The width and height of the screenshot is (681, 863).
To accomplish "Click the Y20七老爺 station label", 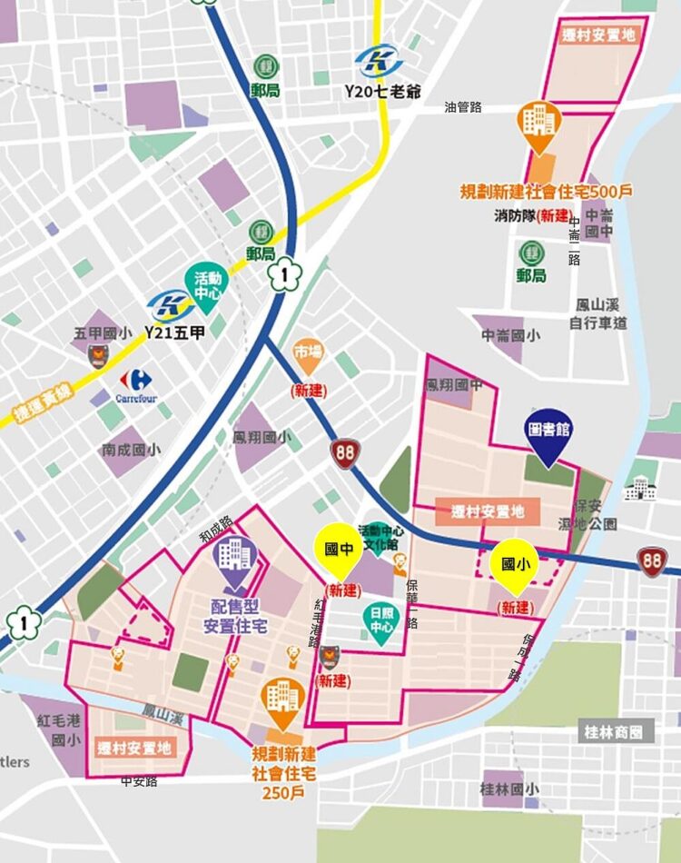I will [x=381, y=92].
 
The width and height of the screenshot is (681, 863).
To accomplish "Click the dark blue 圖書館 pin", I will [x=548, y=435].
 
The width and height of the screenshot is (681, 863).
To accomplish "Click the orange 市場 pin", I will [x=308, y=355].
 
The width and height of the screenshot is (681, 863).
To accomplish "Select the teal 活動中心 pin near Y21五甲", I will [x=207, y=283].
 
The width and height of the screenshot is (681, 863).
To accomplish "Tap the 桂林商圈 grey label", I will [x=617, y=730].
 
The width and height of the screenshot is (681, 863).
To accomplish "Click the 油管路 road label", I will [x=463, y=107].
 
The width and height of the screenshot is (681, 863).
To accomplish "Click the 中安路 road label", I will [x=139, y=780].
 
